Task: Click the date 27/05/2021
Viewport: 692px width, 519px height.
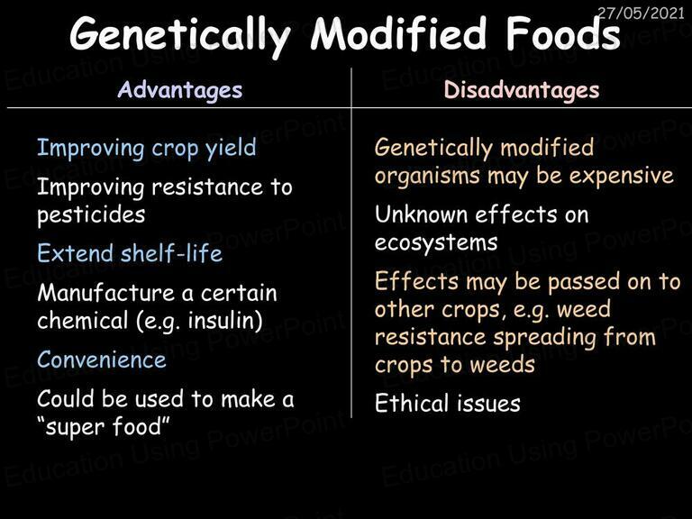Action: coord(641,13)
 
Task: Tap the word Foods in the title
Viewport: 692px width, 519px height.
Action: coord(562,33)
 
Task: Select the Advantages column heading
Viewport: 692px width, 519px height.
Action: coord(180,91)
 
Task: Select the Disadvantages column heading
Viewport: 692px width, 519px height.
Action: coord(522,91)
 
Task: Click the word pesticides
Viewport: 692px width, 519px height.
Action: coord(91,215)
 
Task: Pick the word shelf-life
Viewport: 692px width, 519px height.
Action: coord(172,253)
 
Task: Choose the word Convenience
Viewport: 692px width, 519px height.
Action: coord(102,360)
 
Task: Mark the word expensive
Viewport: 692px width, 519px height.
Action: coord(621,177)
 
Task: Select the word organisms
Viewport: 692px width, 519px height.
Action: coord(427,177)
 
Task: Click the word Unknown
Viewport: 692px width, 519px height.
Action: coord(421,215)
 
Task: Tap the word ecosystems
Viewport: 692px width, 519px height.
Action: coord(436,243)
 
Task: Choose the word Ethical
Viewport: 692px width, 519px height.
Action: coord(412,403)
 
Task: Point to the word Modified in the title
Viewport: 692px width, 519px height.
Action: coord(398,33)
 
